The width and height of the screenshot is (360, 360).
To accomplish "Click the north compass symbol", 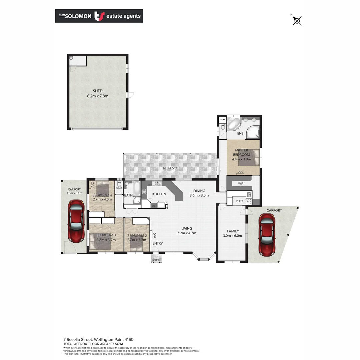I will click(297, 21).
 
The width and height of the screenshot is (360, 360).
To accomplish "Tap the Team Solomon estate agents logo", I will click(99, 16).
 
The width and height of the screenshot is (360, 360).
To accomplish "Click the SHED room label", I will click(98, 91).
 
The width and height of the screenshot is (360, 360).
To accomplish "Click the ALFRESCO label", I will click(170, 168).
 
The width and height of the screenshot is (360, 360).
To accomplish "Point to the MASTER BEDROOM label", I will click(242, 152).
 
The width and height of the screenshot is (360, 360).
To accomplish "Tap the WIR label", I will click(241, 184).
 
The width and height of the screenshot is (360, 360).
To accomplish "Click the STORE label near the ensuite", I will click(222, 119).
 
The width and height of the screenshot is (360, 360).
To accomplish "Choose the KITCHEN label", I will click(159, 194).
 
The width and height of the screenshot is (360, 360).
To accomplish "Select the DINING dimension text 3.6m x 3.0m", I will click(199, 195).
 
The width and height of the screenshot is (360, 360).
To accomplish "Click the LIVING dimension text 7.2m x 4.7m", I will click(186, 233).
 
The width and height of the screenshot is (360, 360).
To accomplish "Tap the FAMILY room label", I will click(233, 231).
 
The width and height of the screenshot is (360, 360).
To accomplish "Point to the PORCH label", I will click(156, 260).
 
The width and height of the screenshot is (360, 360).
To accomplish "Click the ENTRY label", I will click(158, 243).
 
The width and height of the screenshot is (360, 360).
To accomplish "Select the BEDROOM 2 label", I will click(137, 236).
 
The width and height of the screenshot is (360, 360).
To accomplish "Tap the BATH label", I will click(129, 195).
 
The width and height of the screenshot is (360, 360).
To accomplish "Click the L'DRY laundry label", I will click(239, 201).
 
